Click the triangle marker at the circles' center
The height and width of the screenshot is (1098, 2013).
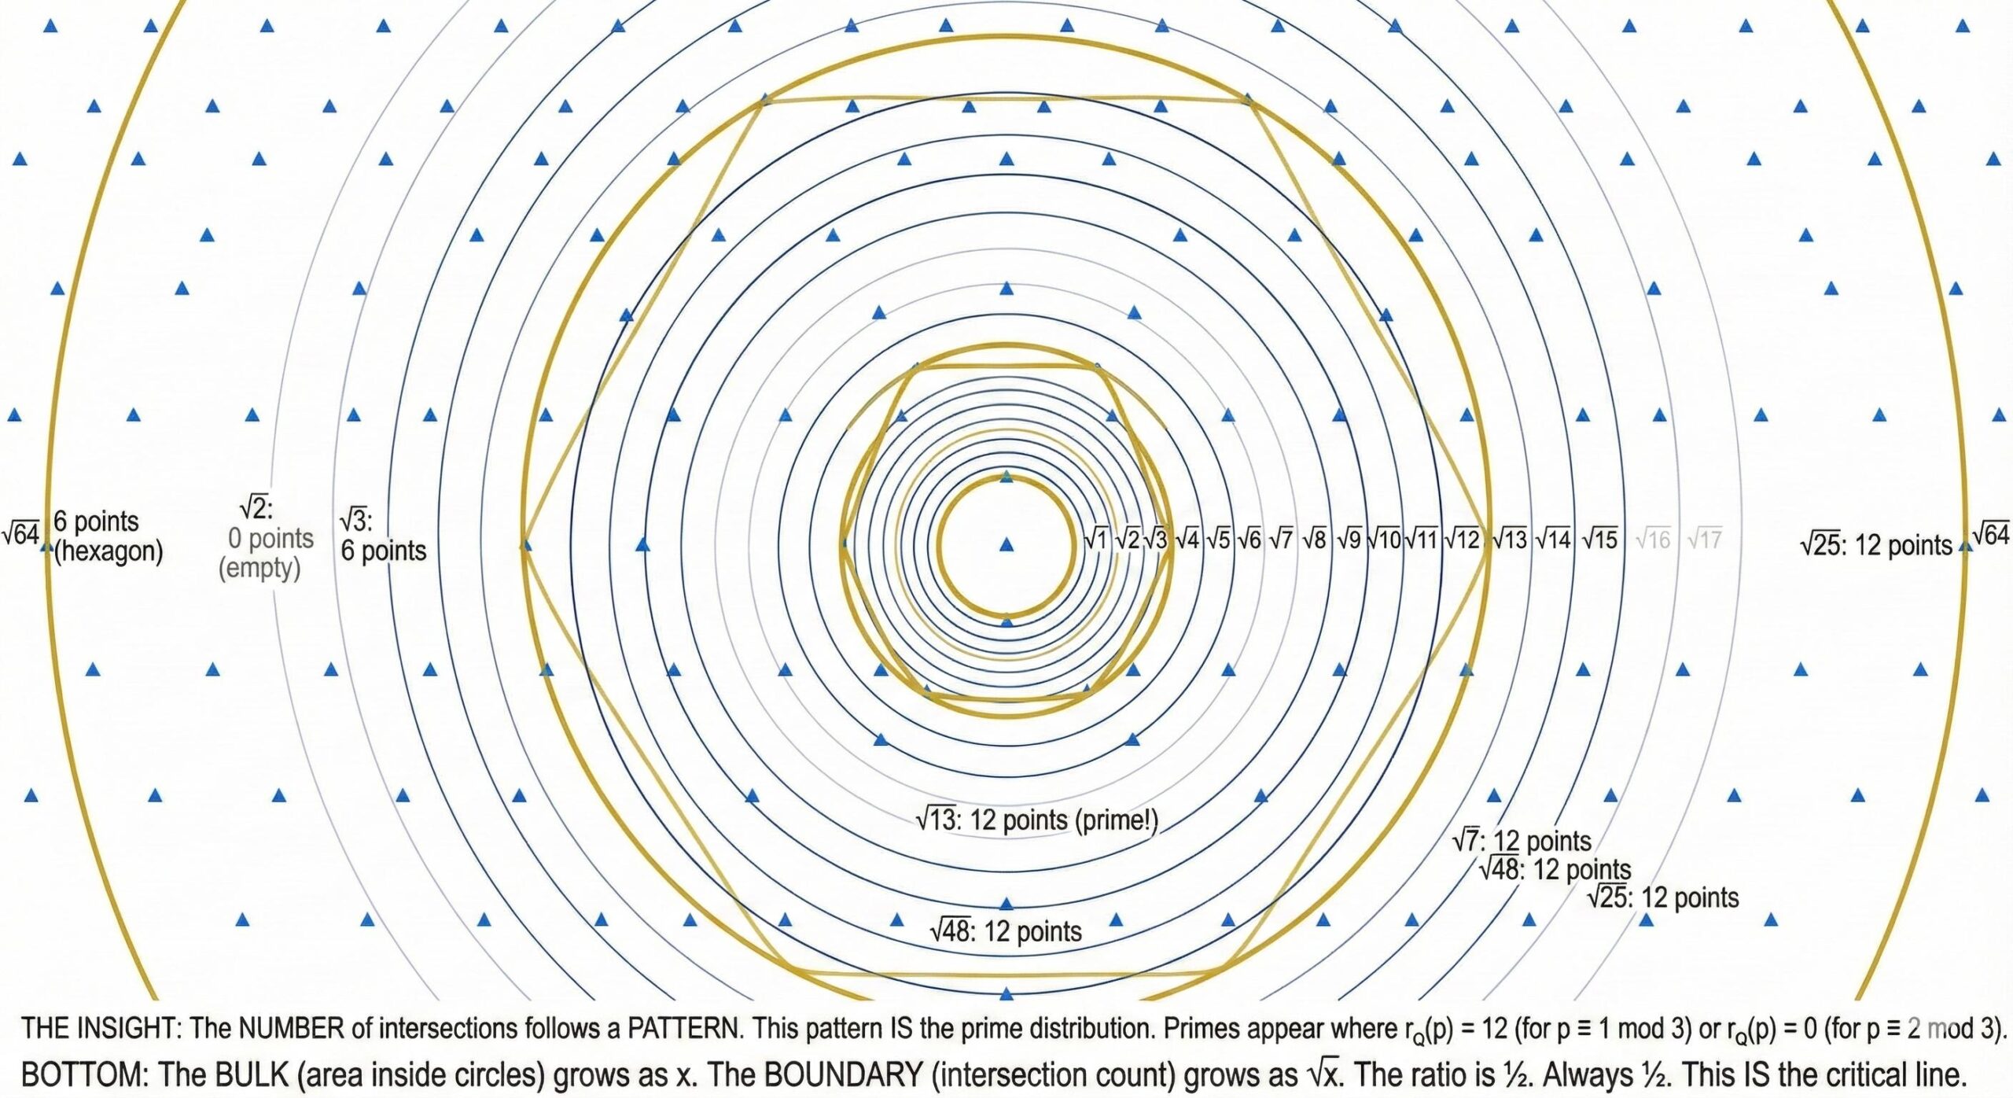1006,545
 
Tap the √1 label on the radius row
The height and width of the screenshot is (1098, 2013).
1095,540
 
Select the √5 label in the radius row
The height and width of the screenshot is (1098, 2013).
1218,540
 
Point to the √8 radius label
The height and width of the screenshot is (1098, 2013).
1315,540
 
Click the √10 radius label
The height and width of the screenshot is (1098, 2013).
1384,540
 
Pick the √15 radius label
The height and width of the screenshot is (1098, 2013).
1599,540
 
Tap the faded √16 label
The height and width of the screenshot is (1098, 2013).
1652,540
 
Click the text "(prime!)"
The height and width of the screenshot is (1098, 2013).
1117,821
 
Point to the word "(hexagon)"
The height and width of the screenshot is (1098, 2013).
109,551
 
